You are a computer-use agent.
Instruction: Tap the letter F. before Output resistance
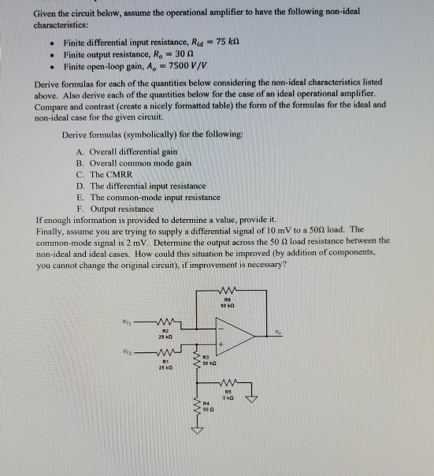click(x=81, y=207)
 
